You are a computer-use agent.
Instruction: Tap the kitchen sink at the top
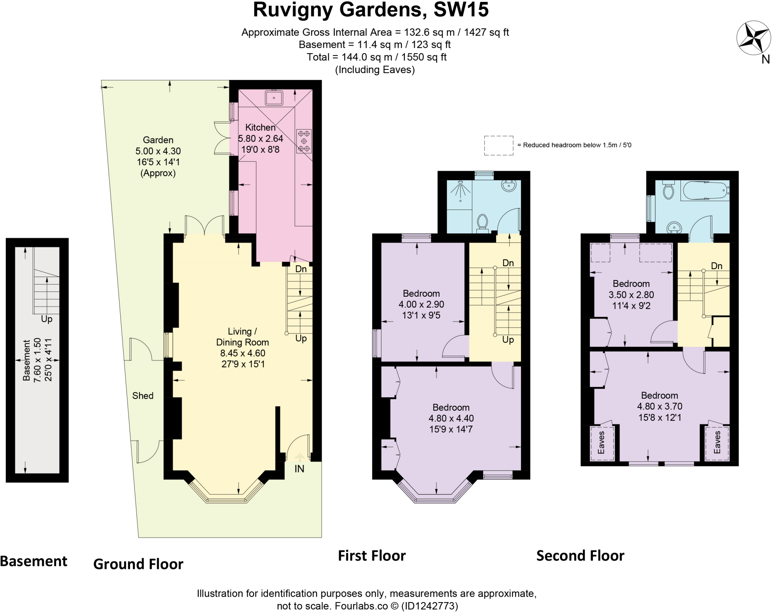tap(274, 98)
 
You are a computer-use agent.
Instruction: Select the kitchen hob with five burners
tap(304, 141)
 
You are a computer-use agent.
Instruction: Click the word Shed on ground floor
tap(142, 395)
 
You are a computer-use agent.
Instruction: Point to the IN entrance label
tap(299, 469)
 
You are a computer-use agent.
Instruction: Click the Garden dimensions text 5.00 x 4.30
tap(158, 151)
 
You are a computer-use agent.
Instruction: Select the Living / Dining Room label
tap(242, 337)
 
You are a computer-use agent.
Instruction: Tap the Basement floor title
tap(34, 561)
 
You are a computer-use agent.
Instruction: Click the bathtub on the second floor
tap(705, 190)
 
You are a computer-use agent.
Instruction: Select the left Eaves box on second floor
tap(602, 443)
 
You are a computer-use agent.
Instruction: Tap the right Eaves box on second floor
tap(717, 443)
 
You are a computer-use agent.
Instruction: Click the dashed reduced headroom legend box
tap(498, 145)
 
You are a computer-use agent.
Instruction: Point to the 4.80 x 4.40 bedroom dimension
tap(451, 418)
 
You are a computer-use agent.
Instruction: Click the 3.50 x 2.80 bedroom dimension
tap(631, 294)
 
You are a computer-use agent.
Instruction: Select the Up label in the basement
tap(46, 319)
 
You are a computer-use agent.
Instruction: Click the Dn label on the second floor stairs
tap(716, 266)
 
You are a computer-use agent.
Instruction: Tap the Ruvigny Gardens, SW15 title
tap(371, 10)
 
